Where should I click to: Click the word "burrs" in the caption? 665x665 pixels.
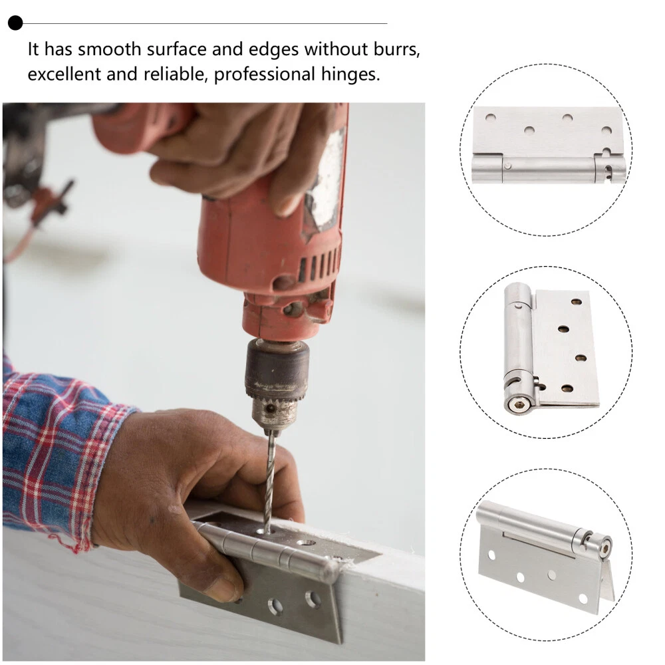point(396,50)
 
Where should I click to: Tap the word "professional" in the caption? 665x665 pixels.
point(265,74)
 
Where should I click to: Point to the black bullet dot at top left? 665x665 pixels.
point(15,23)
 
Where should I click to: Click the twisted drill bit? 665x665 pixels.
point(268,481)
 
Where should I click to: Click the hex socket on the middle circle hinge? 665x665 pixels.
point(515,406)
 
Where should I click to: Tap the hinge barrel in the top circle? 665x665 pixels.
point(549,169)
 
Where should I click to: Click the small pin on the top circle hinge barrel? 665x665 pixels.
point(507,166)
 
